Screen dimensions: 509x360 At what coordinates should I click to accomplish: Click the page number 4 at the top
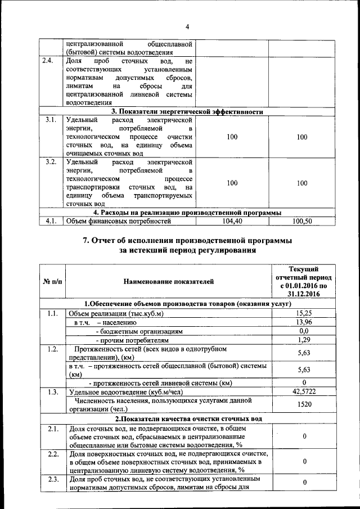(187, 26)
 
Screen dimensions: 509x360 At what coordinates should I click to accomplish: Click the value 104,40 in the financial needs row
(232, 222)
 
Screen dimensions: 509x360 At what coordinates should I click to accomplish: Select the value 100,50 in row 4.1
(302, 222)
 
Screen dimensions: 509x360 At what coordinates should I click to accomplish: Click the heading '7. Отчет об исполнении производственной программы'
(187, 241)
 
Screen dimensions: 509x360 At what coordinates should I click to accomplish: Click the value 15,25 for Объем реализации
(304, 313)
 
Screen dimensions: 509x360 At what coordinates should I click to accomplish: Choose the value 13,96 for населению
(304, 322)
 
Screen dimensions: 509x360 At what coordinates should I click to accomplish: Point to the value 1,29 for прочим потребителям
(304, 340)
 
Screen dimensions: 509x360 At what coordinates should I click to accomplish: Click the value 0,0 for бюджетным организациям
(304, 331)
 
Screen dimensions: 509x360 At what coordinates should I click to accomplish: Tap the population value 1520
(304, 404)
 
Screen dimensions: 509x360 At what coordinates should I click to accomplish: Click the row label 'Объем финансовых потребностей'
(118, 222)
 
